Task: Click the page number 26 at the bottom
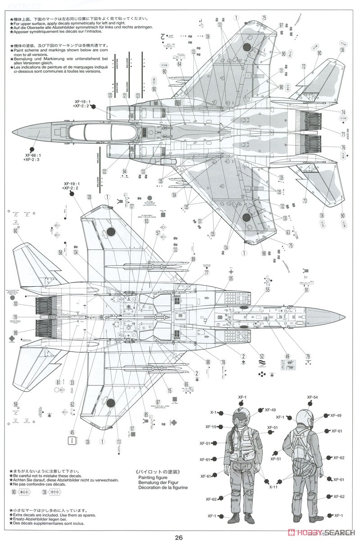[179, 537]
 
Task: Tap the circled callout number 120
[110, 95]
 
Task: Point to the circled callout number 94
[124, 171]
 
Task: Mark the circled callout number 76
[343, 147]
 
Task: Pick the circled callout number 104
[174, 195]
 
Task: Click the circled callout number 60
[16, 230]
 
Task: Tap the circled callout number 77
[207, 273]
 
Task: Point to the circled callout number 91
[307, 290]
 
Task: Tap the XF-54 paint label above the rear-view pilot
[313, 397]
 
